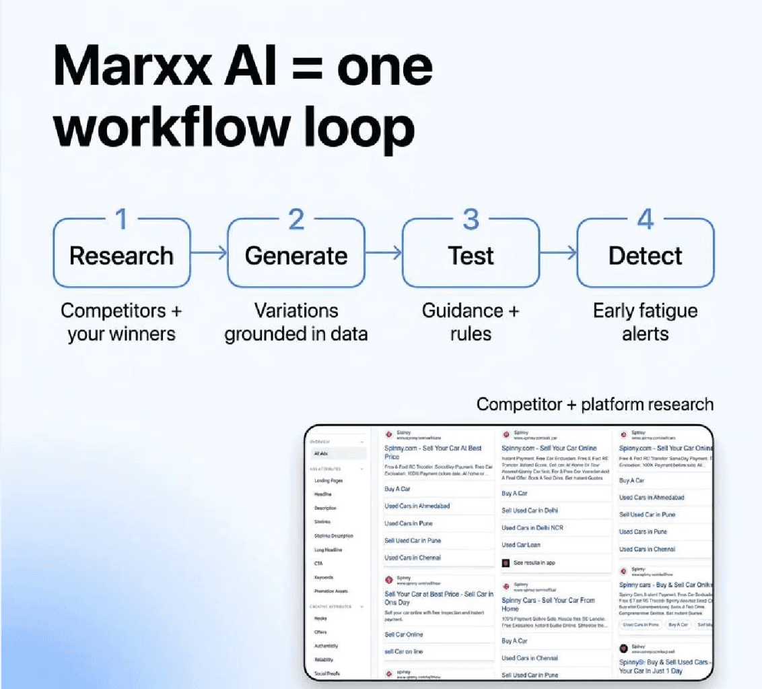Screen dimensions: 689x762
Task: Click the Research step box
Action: (x=121, y=255)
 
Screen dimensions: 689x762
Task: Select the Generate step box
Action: (x=296, y=255)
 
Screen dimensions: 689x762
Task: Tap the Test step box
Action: (x=471, y=255)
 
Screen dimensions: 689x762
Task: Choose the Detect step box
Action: (x=645, y=255)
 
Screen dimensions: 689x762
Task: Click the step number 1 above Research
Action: (x=121, y=219)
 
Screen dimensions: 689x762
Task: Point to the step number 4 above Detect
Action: (x=646, y=219)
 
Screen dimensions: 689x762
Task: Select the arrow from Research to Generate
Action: (x=209, y=253)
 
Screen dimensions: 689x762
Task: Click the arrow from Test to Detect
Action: (x=558, y=253)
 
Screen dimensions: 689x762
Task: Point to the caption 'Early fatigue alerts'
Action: (x=645, y=322)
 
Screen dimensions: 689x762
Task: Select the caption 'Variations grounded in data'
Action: (x=296, y=322)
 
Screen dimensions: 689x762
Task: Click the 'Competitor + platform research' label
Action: (x=594, y=404)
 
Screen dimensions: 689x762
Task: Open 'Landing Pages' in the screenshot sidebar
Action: (x=328, y=481)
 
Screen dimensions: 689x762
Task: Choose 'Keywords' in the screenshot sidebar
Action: (x=324, y=577)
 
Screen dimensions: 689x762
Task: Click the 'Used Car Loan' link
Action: (x=521, y=545)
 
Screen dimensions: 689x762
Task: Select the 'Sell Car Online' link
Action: (x=404, y=634)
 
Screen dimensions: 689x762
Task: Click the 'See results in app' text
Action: (x=534, y=562)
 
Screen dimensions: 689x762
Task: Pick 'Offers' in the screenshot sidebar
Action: (x=320, y=632)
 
